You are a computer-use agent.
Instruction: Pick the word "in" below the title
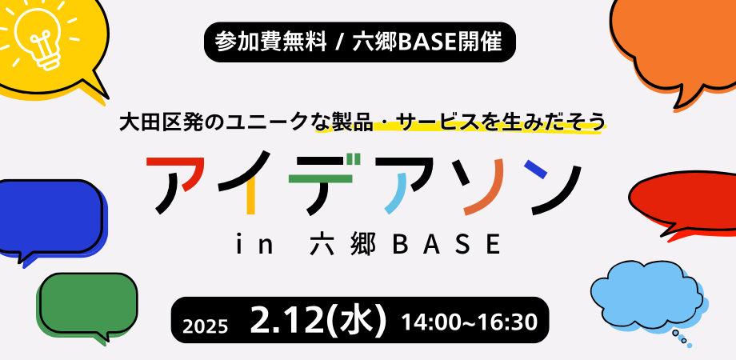pos(251,242)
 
